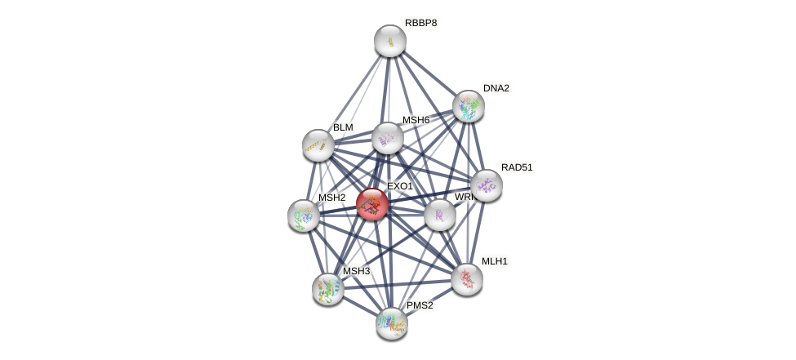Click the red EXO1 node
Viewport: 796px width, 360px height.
click(x=372, y=204)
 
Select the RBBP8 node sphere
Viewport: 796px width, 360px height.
click(x=390, y=41)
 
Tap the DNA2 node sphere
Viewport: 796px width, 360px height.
click(x=469, y=106)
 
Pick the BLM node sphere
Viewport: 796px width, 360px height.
click(x=318, y=145)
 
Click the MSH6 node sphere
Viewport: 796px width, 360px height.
click(x=388, y=138)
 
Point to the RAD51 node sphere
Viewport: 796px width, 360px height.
click(x=487, y=185)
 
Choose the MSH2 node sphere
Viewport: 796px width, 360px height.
click(x=304, y=216)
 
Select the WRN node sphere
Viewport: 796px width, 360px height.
click(x=440, y=215)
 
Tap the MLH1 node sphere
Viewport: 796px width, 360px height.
click(x=467, y=279)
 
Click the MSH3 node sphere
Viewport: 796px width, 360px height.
click(x=328, y=289)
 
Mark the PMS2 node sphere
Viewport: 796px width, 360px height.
click(x=392, y=323)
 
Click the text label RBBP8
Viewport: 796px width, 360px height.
click(x=420, y=23)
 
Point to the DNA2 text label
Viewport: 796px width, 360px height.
click(x=496, y=88)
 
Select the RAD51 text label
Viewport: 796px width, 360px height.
click(x=516, y=167)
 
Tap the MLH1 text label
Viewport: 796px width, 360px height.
click(x=494, y=261)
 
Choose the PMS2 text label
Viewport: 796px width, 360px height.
click(x=420, y=305)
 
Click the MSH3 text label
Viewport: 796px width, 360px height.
click(x=356, y=271)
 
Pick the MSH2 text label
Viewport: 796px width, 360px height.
click(x=331, y=198)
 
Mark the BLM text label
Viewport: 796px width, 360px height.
click(x=343, y=127)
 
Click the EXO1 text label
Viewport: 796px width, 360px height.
click(x=400, y=186)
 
